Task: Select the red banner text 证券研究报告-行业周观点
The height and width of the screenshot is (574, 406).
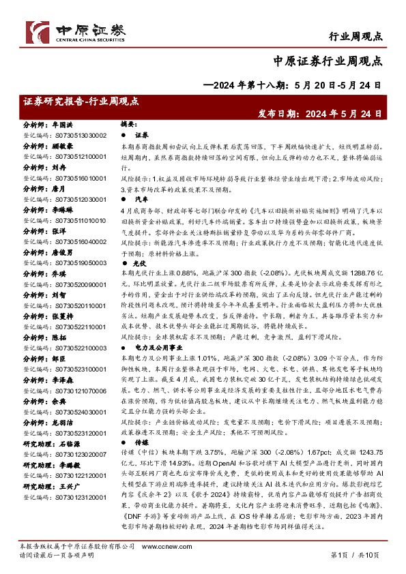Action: (81, 101)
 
